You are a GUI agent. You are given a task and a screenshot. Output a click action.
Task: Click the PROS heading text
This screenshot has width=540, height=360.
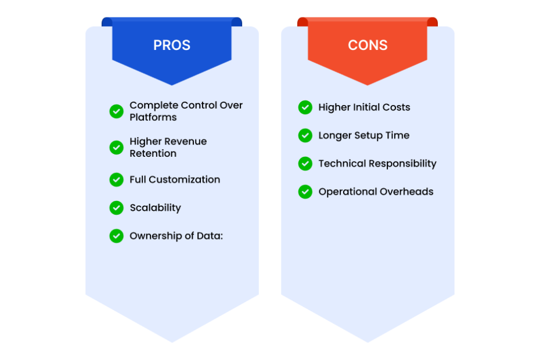(x=172, y=45)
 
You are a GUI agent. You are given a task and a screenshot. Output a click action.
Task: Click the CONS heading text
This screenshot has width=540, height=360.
(x=368, y=45)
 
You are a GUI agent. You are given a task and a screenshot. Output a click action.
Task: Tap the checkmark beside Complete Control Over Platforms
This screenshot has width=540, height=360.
(x=116, y=111)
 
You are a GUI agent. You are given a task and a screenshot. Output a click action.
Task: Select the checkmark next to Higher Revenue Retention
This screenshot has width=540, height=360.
(x=116, y=147)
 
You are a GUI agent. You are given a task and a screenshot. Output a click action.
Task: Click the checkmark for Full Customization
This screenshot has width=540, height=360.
(x=116, y=179)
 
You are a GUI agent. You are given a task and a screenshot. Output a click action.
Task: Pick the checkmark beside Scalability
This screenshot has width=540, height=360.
(x=116, y=208)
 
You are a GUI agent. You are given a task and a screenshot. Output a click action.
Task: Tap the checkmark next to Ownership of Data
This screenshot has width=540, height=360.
(x=116, y=236)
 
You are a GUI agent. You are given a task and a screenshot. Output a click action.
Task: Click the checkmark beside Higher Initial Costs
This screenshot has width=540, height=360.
(x=305, y=107)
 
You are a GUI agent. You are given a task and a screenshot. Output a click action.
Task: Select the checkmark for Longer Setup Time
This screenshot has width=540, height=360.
(x=305, y=135)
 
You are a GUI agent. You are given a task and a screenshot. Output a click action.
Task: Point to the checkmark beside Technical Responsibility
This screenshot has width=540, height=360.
(x=305, y=164)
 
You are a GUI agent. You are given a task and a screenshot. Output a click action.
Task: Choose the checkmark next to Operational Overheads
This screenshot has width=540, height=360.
(x=305, y=192)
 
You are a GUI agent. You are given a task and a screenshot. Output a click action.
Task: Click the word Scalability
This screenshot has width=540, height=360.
(x=155, y=208)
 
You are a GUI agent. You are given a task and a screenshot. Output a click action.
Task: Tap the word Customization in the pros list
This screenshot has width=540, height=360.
(x=184, y=179)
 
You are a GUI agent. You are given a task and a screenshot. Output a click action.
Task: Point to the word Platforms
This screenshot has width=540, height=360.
(x=153, y=117)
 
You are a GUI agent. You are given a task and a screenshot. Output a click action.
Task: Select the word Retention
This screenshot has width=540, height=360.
(x=153, y=153)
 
